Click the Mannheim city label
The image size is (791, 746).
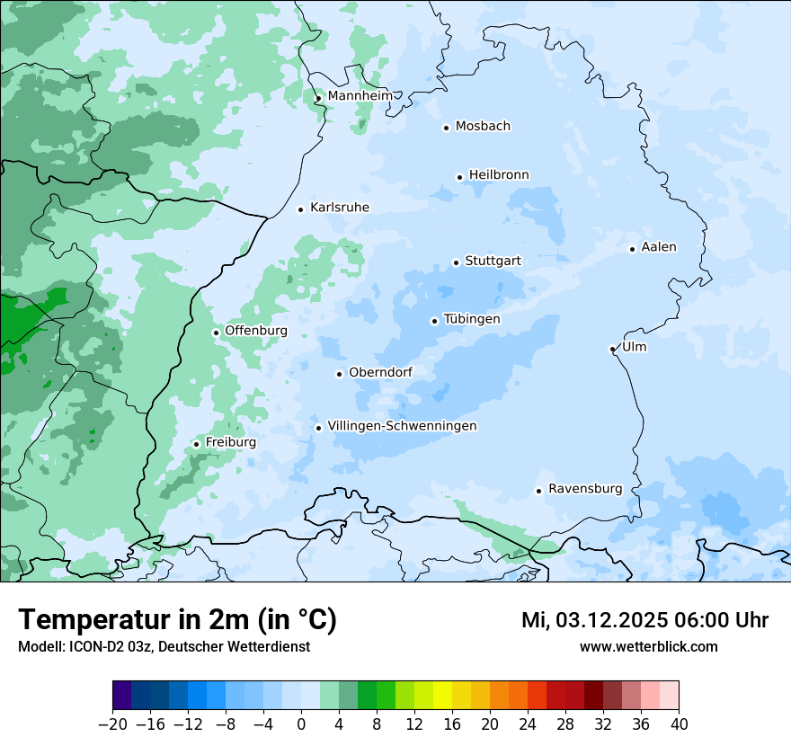pyautogui.click(x=360, y=95)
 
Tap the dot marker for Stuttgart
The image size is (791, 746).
pyautogui.click(x=456, y=262)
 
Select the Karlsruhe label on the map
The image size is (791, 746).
pyautogui.click(x=339, y=208)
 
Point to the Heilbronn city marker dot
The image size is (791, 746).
pyautogui.click(x=459, y=177)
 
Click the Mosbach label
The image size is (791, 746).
pyautogui.click(x=483, y=127)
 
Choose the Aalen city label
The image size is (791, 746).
pyautogui.click(x=659, y=247)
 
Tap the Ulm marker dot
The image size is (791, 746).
pyautogui.click(x=612, y=349)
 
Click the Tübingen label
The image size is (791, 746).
pyautogui.click(x=472, y=319)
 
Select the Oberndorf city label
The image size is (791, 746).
pyautogui.click(x=380, y=372)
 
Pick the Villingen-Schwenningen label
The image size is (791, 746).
pyautogui.click(x=402, y=426)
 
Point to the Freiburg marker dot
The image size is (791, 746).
pyautogui.click(x=196, y=444)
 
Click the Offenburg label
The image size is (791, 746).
pyautogui.click(x=256, y=331)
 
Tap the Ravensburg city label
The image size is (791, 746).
pyautogui.click(x=585, y=489)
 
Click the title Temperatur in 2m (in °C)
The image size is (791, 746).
pyautogui.click(x=178, y=620)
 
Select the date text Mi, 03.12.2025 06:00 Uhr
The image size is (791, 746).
pyautogui.click(x=644, y=620)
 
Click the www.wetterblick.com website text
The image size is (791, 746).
pyautogui.click(x=648, y=647)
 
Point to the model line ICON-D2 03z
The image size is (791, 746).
pyautogui.click(x=164, y=647)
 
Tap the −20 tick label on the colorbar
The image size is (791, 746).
pyautogui.click(x=112, y=724)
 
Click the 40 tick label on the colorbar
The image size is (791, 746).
pyautogui.click(x=679, y=724)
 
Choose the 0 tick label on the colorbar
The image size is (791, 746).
pyautogui.click(x=301, y=724)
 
